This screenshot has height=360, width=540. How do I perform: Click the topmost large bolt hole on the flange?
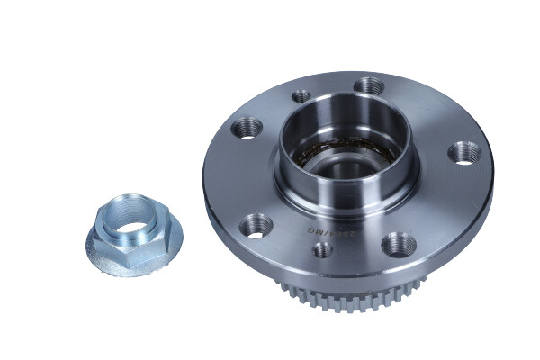coord(370,87)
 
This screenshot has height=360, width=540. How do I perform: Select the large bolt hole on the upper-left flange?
coord(247,129)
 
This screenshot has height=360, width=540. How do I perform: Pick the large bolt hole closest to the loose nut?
coord(256,226)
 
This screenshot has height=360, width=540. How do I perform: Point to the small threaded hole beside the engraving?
coord(323,249)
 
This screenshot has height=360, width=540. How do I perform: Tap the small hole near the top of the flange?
coord(301,96)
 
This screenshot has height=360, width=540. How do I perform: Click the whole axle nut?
coord(133,234)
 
